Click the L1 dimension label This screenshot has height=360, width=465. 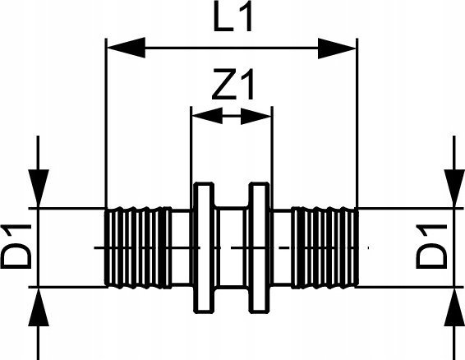[233, 18]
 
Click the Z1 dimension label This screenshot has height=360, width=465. [233, 85]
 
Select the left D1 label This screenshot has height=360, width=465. [16, 247]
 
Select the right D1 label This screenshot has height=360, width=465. [431, 247]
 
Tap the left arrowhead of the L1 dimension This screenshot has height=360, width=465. [126, 48]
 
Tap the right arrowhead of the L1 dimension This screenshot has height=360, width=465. [337, 48]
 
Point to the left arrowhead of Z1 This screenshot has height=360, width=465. [207, 116]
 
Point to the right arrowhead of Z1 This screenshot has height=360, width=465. [256, 116]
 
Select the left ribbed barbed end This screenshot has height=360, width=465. [138, 247]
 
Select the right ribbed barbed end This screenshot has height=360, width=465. [325, 247]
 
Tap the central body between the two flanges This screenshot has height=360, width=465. [232, 247]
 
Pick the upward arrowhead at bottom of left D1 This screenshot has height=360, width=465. [39, 307]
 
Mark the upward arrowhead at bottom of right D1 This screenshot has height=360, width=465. [454, 307]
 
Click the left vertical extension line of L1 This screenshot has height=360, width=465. [106, 123]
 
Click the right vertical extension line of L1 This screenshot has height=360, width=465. [357, 123]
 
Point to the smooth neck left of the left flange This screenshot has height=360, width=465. [182, 247]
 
